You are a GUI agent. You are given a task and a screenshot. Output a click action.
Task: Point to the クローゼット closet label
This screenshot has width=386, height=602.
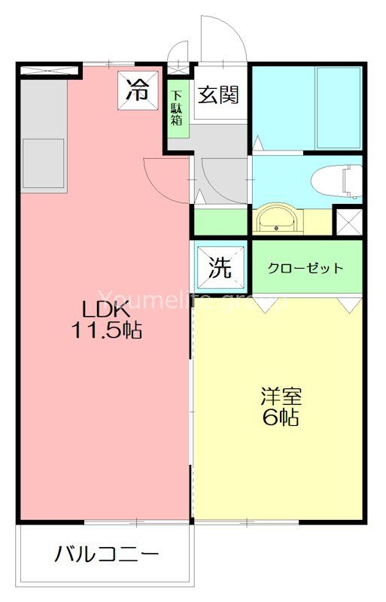[x=307, y=268]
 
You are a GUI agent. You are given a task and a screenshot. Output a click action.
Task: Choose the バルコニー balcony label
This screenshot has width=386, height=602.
[x=106, y=555]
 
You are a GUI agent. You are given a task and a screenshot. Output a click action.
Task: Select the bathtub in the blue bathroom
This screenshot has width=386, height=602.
[x=339, y=108]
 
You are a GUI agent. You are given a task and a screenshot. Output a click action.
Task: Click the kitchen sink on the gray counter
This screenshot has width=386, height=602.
[x=44, y=161]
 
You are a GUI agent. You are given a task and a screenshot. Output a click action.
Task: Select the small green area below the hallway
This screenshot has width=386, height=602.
[x=220, y=223]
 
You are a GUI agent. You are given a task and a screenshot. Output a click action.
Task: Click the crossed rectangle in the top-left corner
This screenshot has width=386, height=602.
[x=50, y=71]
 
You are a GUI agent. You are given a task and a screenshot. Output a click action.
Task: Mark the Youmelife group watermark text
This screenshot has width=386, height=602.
[x=193, y=301]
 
